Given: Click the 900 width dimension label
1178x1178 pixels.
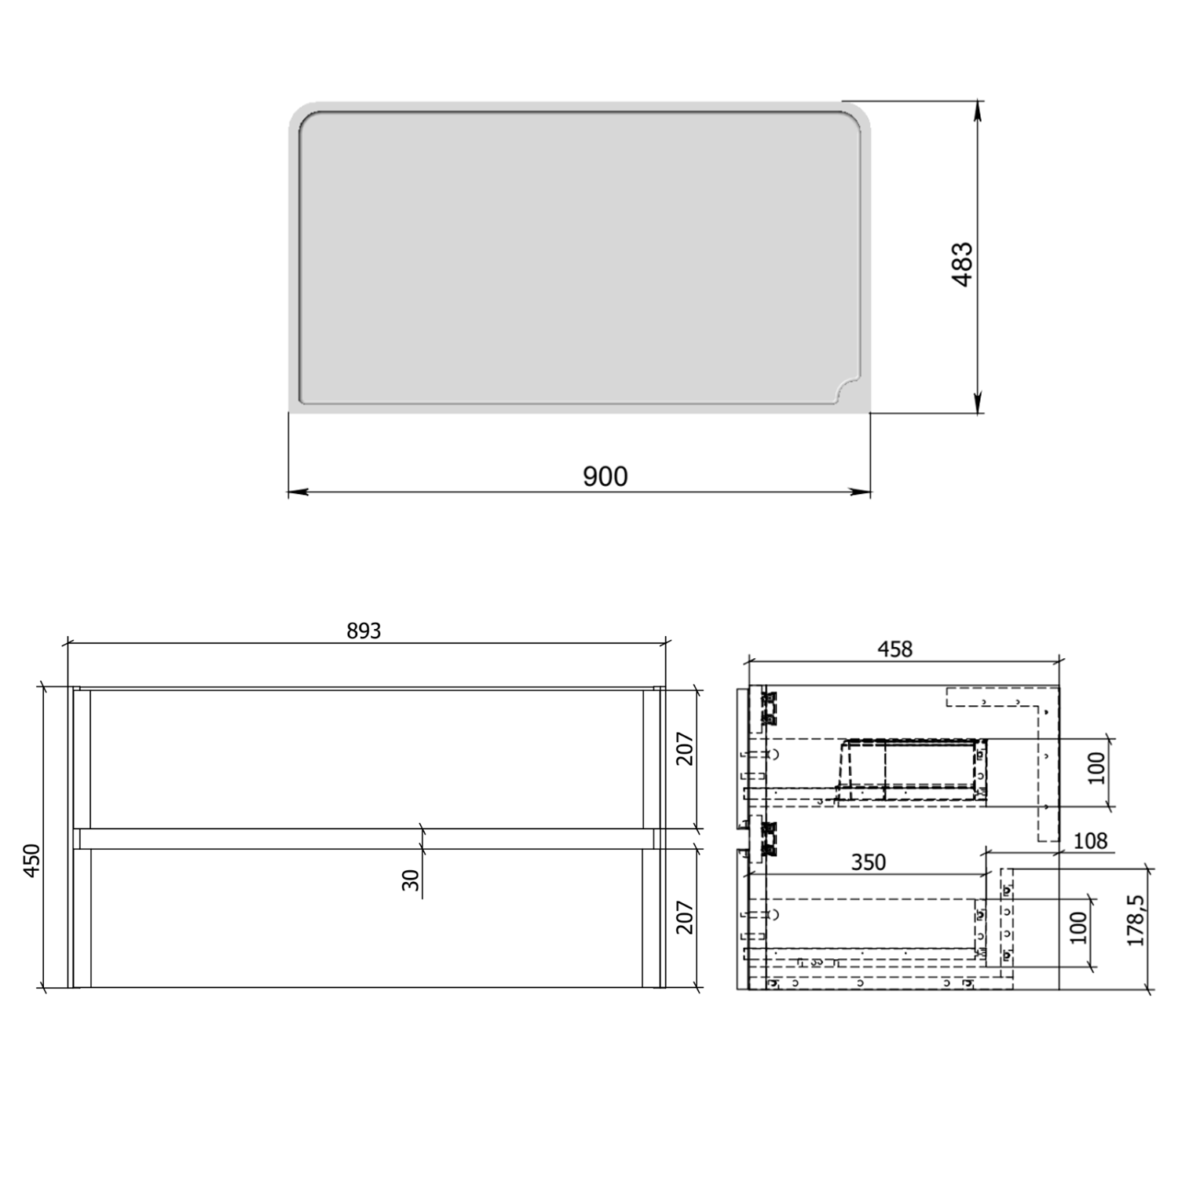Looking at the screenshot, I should pos(605,476).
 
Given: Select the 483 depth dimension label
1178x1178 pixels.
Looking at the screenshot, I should pos(963,264).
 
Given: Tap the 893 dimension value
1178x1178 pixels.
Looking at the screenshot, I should pos(364,631).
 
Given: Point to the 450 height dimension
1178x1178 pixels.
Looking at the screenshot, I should pos(31,861).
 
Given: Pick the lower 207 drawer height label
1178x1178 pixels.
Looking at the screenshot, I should pos(685,916).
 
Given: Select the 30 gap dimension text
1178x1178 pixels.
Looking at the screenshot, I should pos(411,880).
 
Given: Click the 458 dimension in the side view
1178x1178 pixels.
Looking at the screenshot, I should pos(894,649).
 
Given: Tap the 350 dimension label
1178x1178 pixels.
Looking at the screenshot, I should pos(869,862).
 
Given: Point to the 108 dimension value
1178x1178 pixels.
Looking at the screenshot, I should pos(1090,841).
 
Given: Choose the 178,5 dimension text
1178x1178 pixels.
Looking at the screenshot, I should pos(1136,920).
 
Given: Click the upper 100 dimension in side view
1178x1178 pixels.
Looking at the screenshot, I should pos(1096,768).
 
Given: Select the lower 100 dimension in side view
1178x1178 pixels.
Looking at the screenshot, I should pos(1078,928).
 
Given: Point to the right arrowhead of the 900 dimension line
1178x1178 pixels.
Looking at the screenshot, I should pos(863,492).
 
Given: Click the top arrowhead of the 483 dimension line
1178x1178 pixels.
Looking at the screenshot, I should pos(978,110).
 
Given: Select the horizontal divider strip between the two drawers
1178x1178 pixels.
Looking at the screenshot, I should pos(366,839).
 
